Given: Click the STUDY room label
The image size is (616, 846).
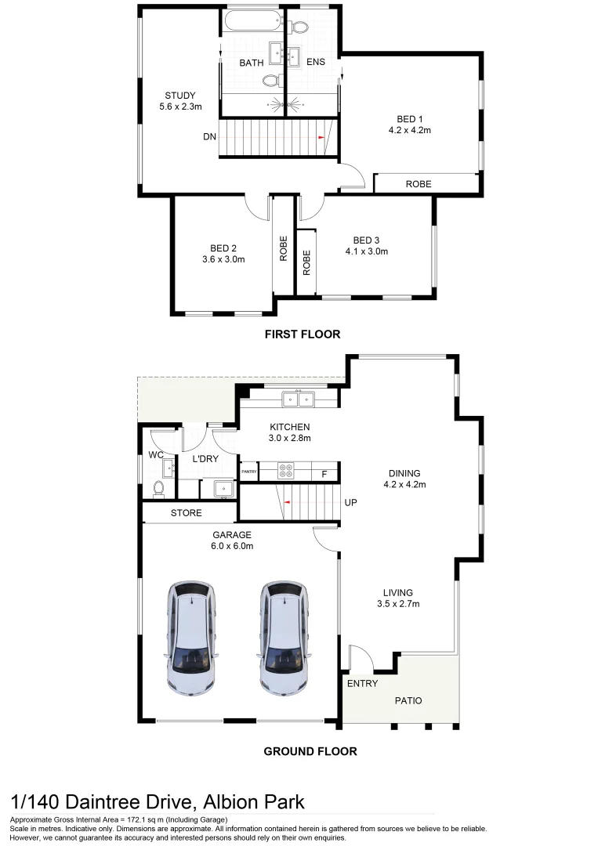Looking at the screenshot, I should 179,96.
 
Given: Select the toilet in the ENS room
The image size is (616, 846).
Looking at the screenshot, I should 298,27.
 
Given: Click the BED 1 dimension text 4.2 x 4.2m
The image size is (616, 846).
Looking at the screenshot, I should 409,131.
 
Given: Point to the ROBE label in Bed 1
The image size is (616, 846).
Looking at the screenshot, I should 418,184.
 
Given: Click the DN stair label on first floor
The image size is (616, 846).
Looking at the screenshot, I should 209,136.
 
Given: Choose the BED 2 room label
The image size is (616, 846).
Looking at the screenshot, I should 223,248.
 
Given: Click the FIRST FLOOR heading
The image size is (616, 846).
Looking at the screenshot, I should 303,334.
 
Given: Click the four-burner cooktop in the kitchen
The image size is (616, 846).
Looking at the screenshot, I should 287,472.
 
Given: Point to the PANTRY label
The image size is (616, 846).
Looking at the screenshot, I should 249,472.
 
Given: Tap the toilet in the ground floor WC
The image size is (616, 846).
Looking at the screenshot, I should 158,488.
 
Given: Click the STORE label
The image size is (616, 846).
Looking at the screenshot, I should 187,514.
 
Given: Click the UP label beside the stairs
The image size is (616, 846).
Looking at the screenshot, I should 350,502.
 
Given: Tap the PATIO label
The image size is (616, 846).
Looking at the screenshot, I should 406,701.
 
